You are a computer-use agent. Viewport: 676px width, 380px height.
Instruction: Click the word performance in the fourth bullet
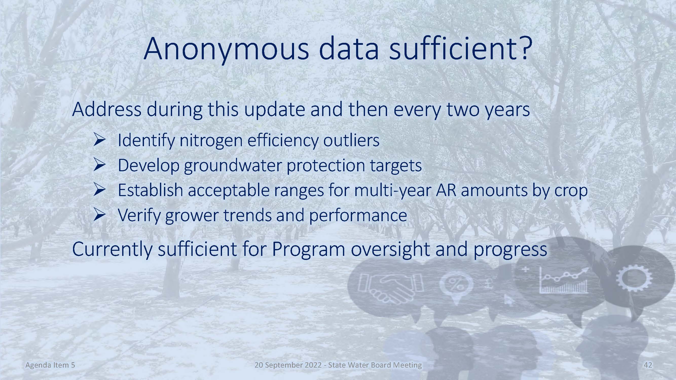[x=358, y=216]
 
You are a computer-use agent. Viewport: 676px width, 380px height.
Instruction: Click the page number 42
[x=648, y=365]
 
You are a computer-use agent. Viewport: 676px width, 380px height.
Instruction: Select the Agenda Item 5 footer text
[x=50, y=365]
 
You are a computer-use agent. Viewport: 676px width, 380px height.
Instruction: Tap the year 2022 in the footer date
[x=312, y=365]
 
